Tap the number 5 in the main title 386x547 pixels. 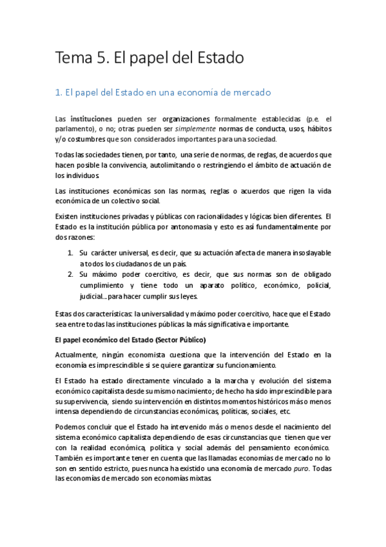[x=103, y=58]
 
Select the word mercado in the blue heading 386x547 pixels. [x=248, y=93]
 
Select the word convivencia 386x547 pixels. [x=133, y=165]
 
